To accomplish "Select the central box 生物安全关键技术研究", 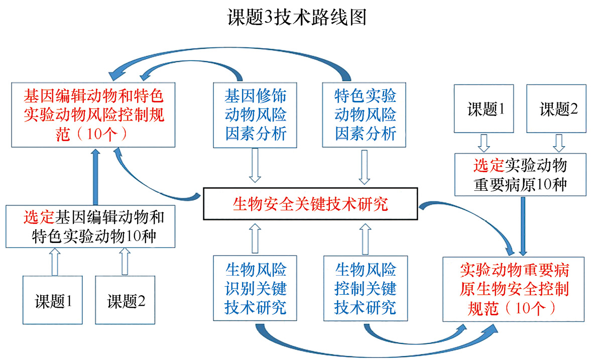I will click(310, 204).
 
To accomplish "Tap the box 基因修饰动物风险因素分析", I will click(256, 115).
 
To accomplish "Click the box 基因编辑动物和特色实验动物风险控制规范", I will click(94, 115).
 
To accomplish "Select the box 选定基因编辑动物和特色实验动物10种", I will click(90, 226).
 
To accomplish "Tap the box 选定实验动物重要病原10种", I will click(520, 175).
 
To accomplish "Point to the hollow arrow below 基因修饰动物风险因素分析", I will click(256, 167).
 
